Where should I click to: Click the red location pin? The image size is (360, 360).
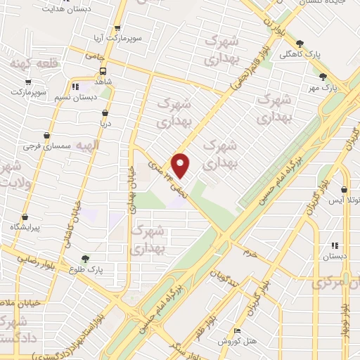click(181, 165)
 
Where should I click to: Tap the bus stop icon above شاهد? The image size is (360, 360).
click(103, 71)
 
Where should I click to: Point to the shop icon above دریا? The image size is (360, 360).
click(105, 112)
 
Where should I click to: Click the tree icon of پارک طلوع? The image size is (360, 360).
click(86, 259)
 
